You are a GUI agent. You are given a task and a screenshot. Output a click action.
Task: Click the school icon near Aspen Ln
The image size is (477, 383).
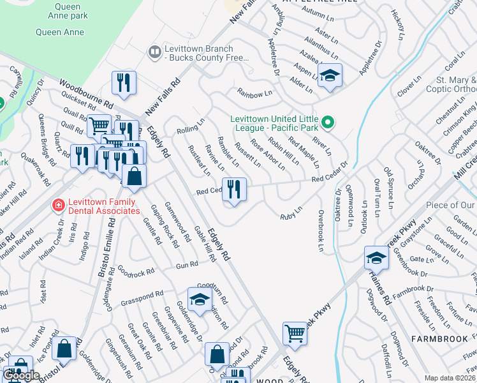click(330, 75)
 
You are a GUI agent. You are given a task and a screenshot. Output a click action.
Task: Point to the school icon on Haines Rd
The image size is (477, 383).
click(376, 258)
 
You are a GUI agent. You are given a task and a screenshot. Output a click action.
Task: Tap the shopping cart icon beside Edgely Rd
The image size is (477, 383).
click(295, 332)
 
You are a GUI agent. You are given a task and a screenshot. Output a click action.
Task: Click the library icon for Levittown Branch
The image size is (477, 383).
click(154, 52)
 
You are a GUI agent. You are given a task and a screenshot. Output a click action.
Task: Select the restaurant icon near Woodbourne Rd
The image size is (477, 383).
click(123, 82)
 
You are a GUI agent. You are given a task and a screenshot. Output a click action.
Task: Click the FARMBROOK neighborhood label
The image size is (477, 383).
click(439, 337)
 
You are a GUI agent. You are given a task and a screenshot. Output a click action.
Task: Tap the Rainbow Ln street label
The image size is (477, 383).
click(254, 94)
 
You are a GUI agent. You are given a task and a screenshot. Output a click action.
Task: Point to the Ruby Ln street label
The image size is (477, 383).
click(291, 216)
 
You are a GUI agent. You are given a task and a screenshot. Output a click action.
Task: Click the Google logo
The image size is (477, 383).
click(21, 375)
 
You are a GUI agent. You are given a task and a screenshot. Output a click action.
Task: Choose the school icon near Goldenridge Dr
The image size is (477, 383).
click(200, 299)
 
